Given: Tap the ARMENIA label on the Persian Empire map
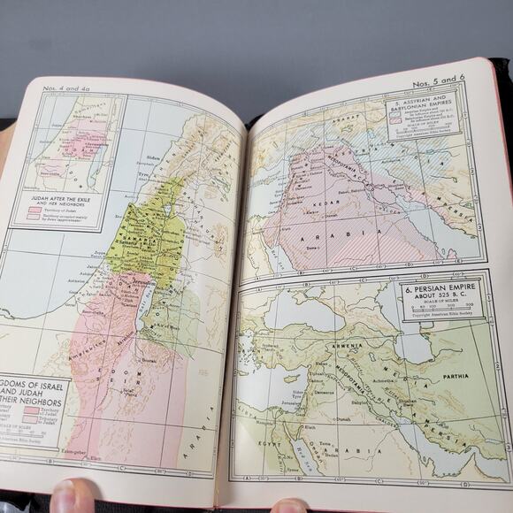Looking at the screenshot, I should click(346, 345).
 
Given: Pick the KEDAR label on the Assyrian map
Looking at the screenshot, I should click(321, 203).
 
